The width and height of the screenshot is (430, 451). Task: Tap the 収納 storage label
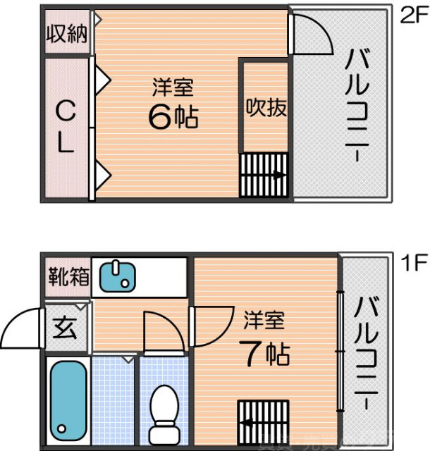pyautogui.click(x=67, y=33)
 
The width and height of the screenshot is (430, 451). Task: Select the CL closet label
pyautogui.click(x=65, y=128)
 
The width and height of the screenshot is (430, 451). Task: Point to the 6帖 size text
pyautogui.click(x=173, y=116)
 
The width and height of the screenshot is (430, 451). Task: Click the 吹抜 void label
pyautogui.click(x=266, y=108)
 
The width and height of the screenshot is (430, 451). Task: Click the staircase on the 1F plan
pyautogui.click(x=262, y=422)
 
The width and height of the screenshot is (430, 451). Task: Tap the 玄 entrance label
pyautogui.click(x=66, y=328)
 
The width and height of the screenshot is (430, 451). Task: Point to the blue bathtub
pyautogui.click(x=68, y=399)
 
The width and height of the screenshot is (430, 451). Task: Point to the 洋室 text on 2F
pyautogui.click(x=173, y=87)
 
